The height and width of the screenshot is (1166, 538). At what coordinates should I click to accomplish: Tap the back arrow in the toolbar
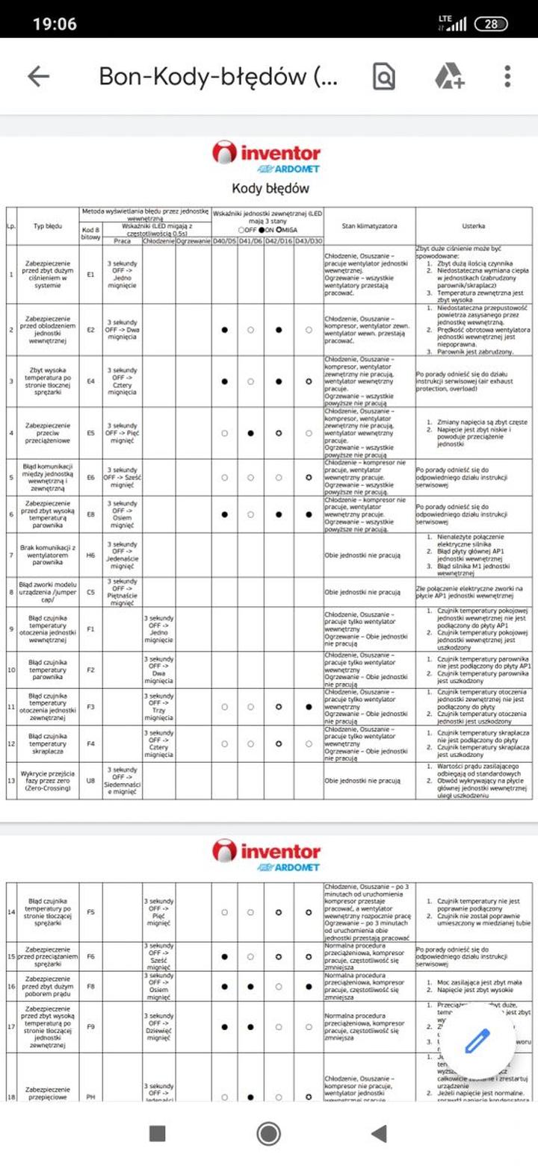(38, 76)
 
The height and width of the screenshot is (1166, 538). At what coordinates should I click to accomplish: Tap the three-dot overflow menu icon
(507, 76)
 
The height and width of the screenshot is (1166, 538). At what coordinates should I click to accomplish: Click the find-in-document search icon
(384, 76)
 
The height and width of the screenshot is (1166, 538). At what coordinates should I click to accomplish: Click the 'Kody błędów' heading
(270, 188)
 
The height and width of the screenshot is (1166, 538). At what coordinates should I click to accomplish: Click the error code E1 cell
(90, 275)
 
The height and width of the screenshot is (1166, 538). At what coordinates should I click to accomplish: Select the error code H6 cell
(90, 555)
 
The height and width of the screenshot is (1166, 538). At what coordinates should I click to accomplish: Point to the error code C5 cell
(90, 592)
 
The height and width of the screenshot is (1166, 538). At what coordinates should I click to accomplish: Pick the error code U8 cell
(90, 781)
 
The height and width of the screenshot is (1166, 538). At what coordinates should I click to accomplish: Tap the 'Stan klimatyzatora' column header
(369, 225)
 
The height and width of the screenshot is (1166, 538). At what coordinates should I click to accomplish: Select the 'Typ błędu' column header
(48, 225)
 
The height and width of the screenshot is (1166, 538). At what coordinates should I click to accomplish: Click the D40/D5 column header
(225, 241)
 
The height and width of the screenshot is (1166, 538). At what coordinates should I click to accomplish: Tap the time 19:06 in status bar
(55, 24)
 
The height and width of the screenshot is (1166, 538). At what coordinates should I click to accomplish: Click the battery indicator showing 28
(490, 24)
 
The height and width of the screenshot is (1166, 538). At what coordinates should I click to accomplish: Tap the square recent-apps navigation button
(157, 1133)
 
